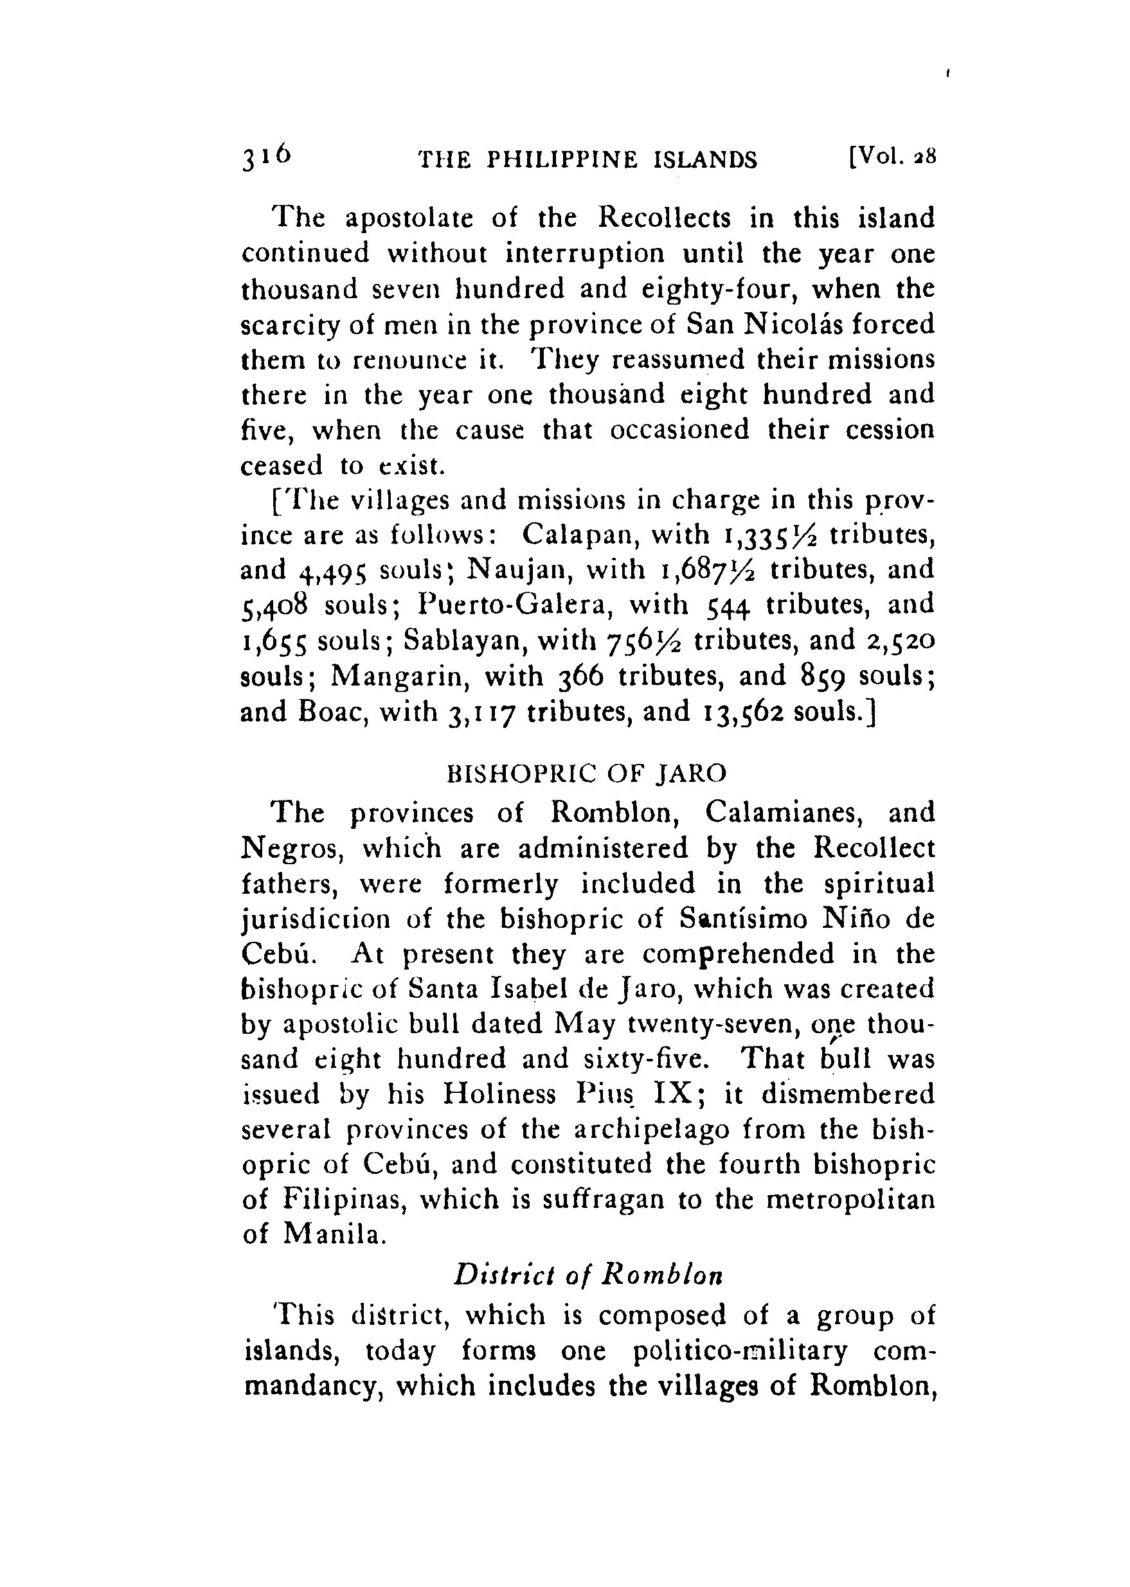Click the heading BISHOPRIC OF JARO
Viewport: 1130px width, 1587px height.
(x=587, y=773)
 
